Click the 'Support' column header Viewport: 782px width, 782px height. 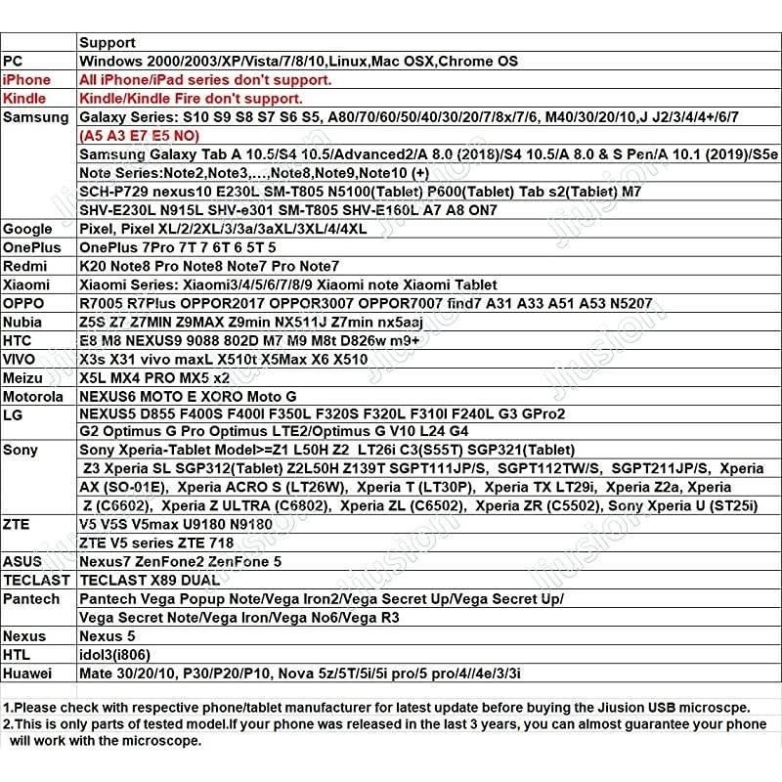pyautogui.click(x=107, y=43)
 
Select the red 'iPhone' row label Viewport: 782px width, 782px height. pyautogui.click(x=26, y=80)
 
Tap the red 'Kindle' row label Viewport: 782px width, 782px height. pyautogui.click(x=24, y=99)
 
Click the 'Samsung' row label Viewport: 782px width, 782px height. pyautogui.click(x=36, y=117)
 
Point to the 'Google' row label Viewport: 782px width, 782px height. pyautogui.click(x=28, y=229)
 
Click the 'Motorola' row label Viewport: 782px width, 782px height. pyautogui.click(x=34, y=397)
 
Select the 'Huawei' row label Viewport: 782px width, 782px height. pyautogui.click(x=29, y=673)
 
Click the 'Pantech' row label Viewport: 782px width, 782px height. pyautogui.click(x=31, y=598)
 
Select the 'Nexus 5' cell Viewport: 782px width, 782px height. pyautogui.click(x=107, y=636)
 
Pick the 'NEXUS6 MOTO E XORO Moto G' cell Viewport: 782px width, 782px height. pyautogui.click(x=187, y=397)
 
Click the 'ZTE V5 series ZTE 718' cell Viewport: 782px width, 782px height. pyautogui.click(x=156, y=543)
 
